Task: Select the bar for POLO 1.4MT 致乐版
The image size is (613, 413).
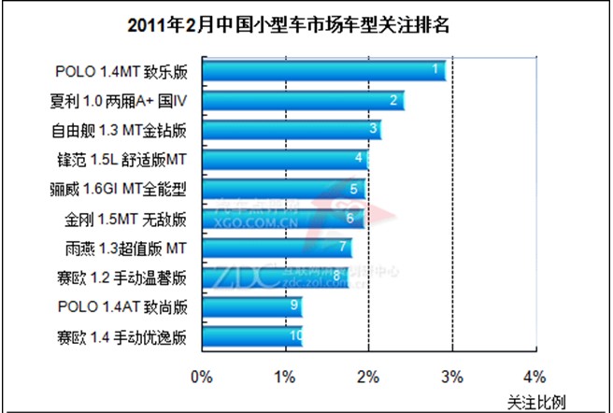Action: (x=323, y=71)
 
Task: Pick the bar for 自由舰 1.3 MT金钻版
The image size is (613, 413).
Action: (x=291, y=130)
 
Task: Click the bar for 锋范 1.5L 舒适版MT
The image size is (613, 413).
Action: (x=284, y=160)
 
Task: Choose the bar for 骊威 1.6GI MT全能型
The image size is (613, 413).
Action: (x=282, y=190)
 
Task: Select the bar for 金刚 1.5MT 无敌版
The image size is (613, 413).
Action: (x=281, y=220)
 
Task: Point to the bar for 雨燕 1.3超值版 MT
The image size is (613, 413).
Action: (x=277, y=249)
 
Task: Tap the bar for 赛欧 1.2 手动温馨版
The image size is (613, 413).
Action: (x=275, y=278)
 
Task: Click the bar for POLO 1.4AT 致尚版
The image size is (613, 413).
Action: (x=251, y=306)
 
